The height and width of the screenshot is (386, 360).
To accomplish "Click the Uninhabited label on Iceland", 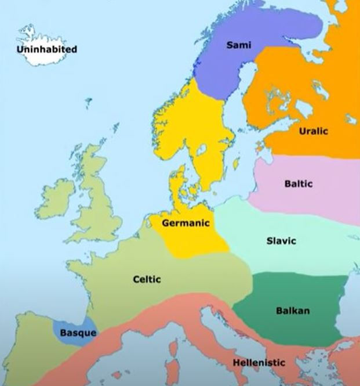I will pyautogui.click(x=47, y=49).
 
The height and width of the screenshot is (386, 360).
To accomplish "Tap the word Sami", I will pyautogui.click(x=238, y=45).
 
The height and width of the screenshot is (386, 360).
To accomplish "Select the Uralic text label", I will pyautogui.click(x=313, y=131).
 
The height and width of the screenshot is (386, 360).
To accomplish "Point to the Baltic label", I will pyautogui.click(x=298, y=184).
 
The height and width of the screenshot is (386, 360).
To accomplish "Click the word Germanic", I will pyautogui.click(x=185, y=223).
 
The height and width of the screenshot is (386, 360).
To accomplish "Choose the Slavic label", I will pyautogui.click(x=281, y=240).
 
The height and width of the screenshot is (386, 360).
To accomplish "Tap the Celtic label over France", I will pyautogui.click(x=147, y=279).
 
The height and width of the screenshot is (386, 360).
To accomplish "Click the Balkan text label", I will pyautogui.click(x=292, y=311).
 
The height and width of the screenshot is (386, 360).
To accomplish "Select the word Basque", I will pyautogui.click(x=78, y=333).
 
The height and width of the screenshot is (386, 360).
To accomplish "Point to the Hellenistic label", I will pyautogui.click(x=259, y=363).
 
